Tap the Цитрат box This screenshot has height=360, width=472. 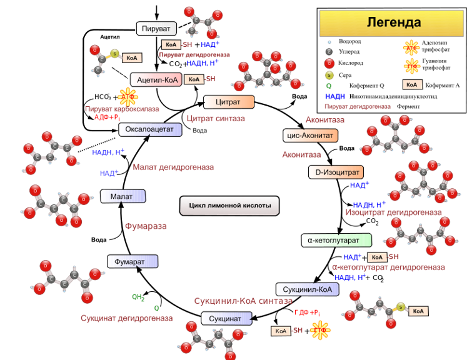click(x=229, y=102)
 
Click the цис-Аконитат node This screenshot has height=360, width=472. click(x=311, y=135)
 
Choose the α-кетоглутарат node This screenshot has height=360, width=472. click(x=336, y=240)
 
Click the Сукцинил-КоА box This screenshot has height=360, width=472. click(x=308, y=289)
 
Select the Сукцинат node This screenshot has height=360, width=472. click(x=226, y=318)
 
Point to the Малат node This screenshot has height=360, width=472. click(x=123, y=197)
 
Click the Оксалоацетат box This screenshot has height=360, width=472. click(x=150, y=129)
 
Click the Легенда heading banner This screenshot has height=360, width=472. click(x=393, y=23)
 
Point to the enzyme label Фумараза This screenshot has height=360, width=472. click(x=145, y=226)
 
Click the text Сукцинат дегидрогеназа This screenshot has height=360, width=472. click(x=126, y=318)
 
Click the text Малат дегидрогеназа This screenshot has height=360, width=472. click(x=173, y=167)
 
